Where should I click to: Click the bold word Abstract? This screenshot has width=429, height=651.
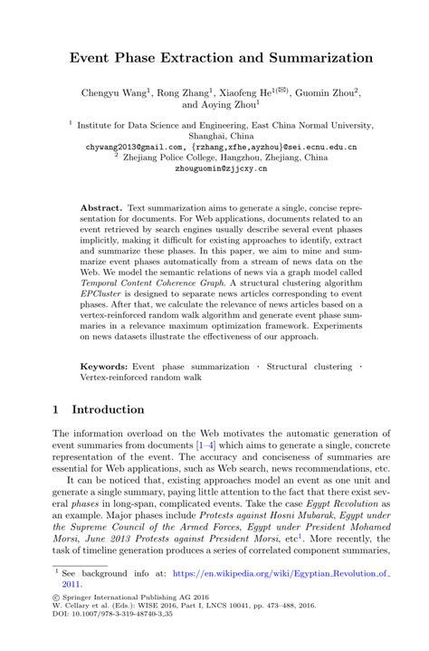pyautogui.click(x=100, y=207)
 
